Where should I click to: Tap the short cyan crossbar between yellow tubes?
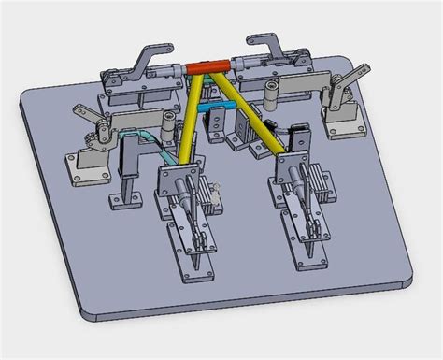tap(221, 108)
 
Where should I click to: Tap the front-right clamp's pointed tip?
tap(309, 260)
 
